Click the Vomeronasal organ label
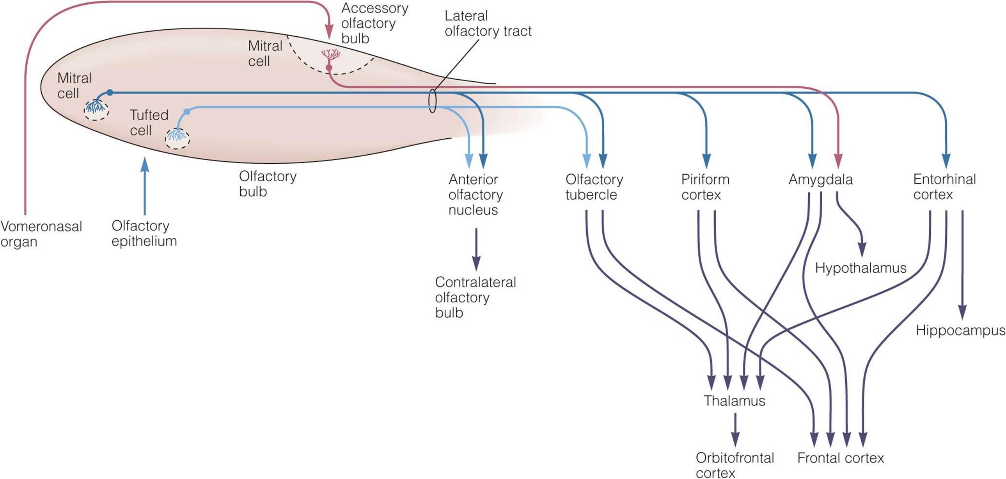click(41, 234)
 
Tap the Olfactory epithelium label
click(144, 233)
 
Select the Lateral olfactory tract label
click(488, 23)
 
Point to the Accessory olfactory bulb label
click(374, 23)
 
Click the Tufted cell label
click(149, 122)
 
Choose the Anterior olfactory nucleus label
click(475, 195)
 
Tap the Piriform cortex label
click(705, 187)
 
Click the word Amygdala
click(820, 180)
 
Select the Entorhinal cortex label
click(944, 187)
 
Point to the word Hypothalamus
click(861, 268)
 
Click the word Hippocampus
click(960, 331)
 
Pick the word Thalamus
click(734, 401)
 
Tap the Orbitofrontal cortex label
click(735, 465)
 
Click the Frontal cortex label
click(841, 458)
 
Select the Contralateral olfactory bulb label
click(475, 297)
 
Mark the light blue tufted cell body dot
click(187, 112)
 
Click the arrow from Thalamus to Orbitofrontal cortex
click(735, 429)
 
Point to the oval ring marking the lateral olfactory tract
click(432, 101)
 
